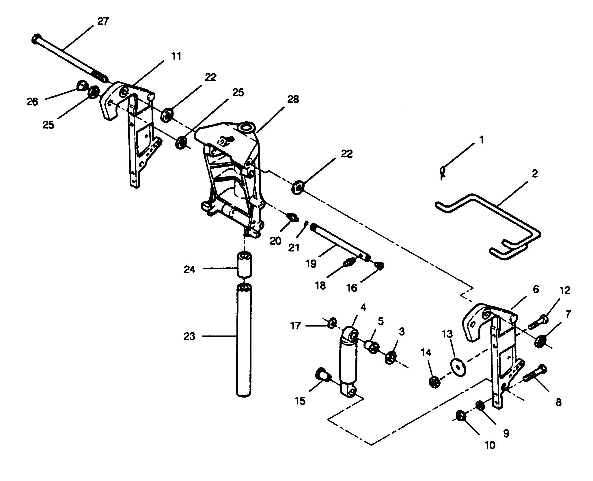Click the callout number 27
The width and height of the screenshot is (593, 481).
coord(103,21)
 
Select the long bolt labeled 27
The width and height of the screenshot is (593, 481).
coord(70,58)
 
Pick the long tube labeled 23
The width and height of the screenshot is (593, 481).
coord(245,341)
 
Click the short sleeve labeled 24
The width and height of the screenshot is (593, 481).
coord(245,264)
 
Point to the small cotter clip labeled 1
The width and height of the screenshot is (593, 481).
coord(443,173)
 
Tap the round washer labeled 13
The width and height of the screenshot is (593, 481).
coord(458,367)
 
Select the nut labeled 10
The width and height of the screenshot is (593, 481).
coord(461,417)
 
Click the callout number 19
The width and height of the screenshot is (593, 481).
coord(311,263)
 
